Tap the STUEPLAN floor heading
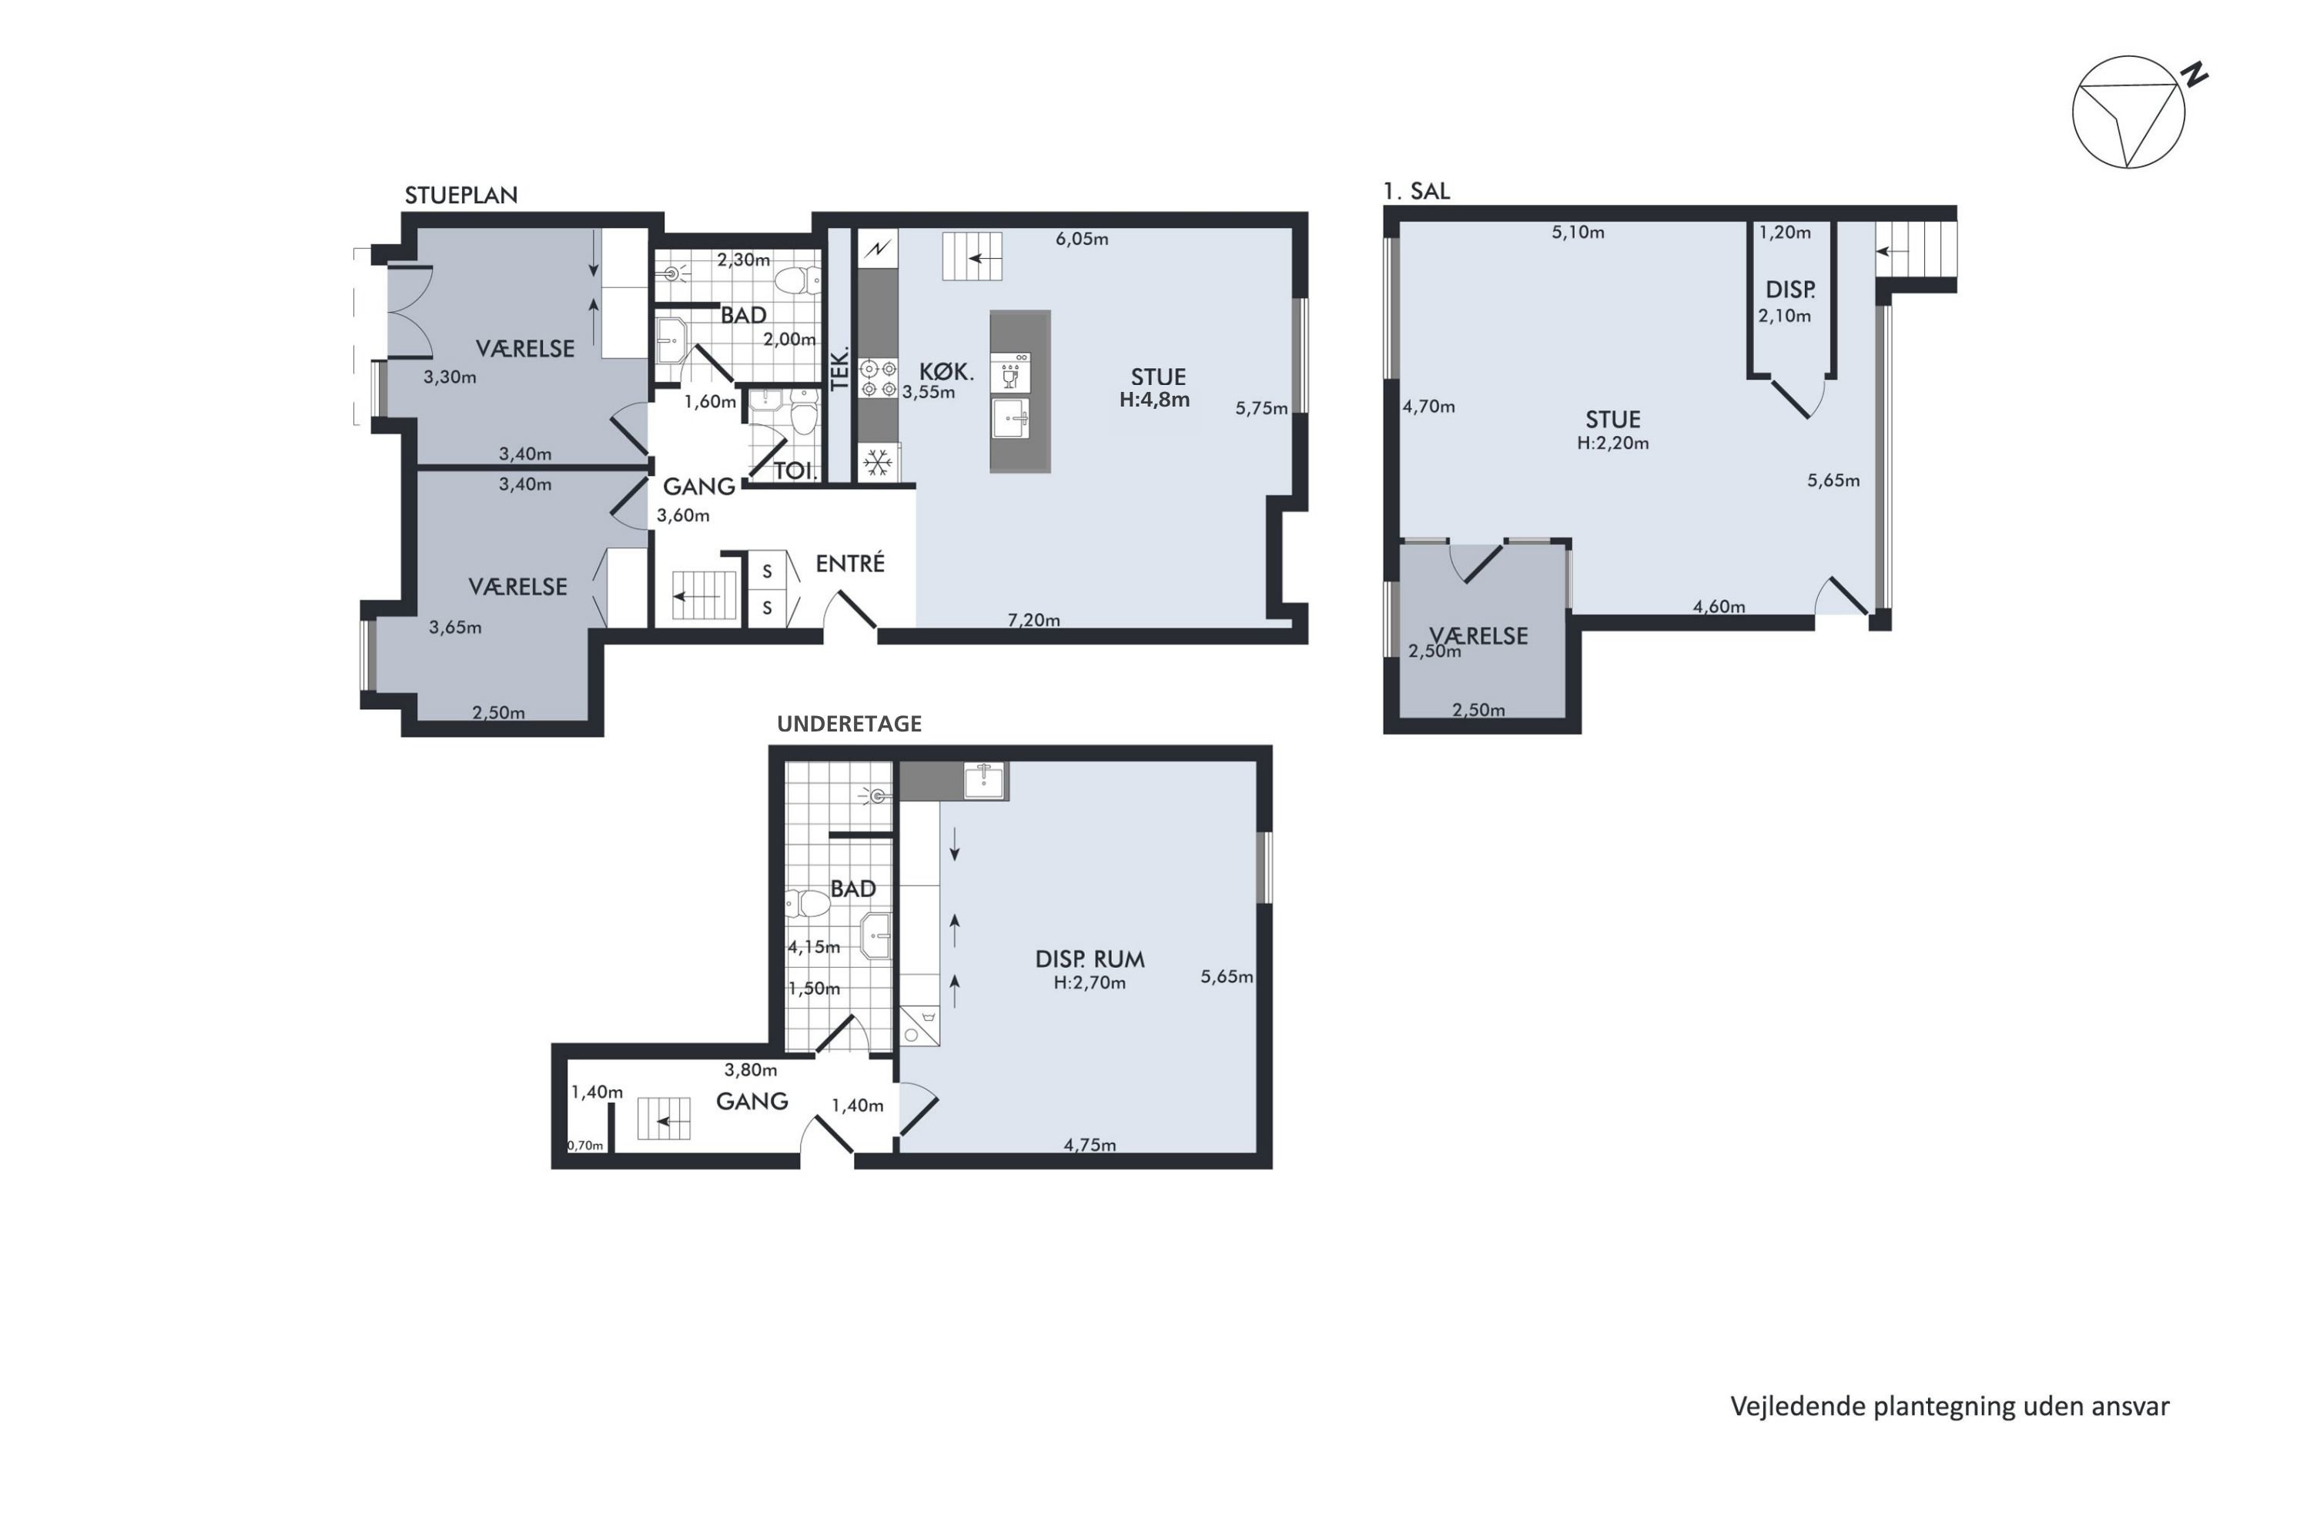[x=460, y=196]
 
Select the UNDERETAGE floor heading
[x=849, y=724]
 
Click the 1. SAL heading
[x=1416, y=192]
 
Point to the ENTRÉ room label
[x=849, y=563]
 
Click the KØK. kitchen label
[x=946, y=372]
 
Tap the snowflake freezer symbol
[x=877, y=463]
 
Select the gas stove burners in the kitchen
[x=878, y=378]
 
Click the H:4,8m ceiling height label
[x=1154, y=400]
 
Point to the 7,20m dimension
[x=1033, y=620]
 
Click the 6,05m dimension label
[x=1081, y=239]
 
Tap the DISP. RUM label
[x=1090, y=959]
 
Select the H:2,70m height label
[x=1090, y=983]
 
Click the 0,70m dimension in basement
[x=585, y=1145]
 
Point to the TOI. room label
[x=795, y=470]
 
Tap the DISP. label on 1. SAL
[x=1789, y=290]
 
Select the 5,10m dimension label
[x=1577, y=233]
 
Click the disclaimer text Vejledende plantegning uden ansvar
[x=1950, y=1407]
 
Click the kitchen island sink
[x=1010, y=418]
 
